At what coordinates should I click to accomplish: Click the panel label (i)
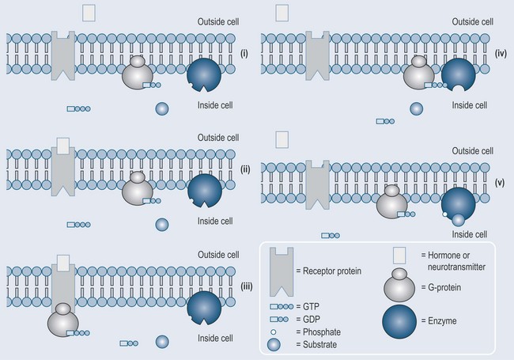(244, 54)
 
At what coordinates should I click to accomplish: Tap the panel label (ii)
(245, 169)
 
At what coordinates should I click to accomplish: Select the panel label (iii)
(247, 286)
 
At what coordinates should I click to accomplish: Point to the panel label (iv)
(501, 54)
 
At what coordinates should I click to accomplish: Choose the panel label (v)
(500, 183)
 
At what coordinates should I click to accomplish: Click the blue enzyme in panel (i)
(204, 75)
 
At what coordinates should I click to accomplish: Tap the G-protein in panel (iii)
(63, 320)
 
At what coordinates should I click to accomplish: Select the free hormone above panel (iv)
(282, 13)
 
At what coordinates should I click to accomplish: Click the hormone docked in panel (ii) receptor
(63, 146)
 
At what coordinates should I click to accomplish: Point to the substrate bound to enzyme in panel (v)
(458, 220)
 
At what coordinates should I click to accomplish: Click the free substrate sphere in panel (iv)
(416, 108)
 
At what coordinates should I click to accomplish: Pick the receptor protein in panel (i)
(63, 55)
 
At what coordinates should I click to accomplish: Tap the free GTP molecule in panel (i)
(78, 108)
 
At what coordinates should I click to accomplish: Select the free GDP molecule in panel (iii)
(129, 343)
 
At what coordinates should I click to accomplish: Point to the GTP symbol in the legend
(282, 306)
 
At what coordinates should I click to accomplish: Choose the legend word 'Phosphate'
(322, 332)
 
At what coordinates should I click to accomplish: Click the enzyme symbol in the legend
(399, 321)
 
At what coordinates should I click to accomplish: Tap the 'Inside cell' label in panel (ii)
(215, 221)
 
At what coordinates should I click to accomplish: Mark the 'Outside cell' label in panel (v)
(472, 151)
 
